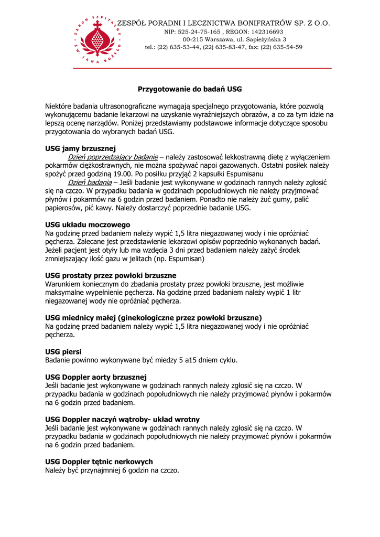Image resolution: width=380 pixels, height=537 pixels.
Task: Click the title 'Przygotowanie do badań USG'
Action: pos(190,89)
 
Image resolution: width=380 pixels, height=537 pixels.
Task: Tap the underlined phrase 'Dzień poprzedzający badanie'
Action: pos(113,157)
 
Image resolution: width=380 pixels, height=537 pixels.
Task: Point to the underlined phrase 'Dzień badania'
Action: pos(90,182)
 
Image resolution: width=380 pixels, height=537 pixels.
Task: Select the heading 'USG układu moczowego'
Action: pos(88,224)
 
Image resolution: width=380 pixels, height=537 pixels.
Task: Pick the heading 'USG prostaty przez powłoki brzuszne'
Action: pos(111,275)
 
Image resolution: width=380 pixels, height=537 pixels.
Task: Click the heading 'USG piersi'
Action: pos(63,351)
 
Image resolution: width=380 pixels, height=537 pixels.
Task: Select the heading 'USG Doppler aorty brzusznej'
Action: pos(96,377)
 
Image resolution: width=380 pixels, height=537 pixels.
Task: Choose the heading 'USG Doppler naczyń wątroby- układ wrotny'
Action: pos(122,420)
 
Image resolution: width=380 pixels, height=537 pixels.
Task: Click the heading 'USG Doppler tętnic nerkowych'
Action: pos(99,461)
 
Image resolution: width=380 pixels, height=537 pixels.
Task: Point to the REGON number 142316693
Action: pos(265,31)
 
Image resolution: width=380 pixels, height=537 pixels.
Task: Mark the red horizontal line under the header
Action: pos(202,68)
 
